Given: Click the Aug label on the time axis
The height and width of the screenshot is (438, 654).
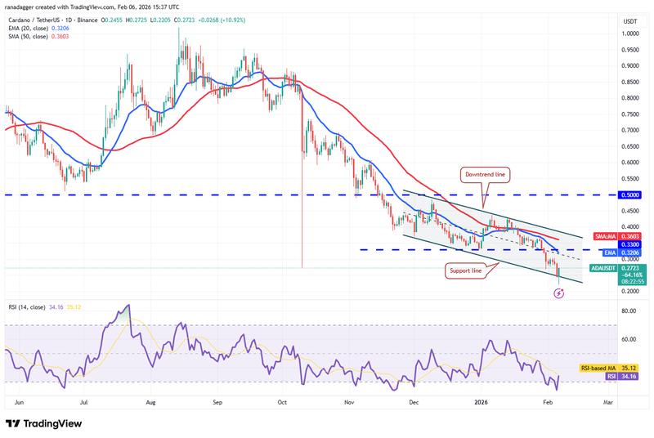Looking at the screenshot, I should pos(150,403).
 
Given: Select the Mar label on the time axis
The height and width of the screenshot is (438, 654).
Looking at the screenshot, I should pos(607,403).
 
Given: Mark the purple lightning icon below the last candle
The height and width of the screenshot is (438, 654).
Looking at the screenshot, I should pos(559,293).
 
